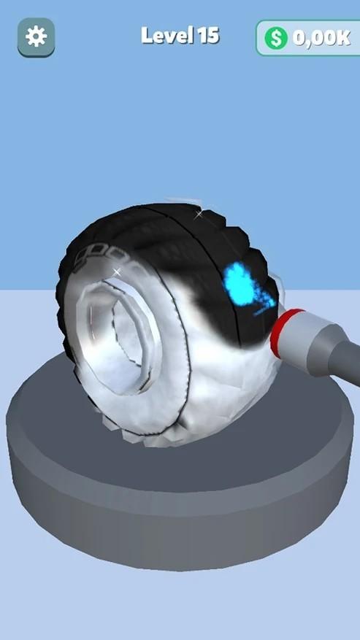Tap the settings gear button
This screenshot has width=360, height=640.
click(x=36, y=36)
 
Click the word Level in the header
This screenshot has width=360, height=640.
click(x=167, y=36)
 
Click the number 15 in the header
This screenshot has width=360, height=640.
click(x=209, y=36)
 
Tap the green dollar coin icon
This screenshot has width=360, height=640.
click(x=276, y=38)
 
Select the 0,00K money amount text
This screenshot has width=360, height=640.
click(x=321, y=38)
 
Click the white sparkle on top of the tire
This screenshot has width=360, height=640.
click(x=199, y=214)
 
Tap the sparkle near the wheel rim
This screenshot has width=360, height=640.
click(x=117, y=271)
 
